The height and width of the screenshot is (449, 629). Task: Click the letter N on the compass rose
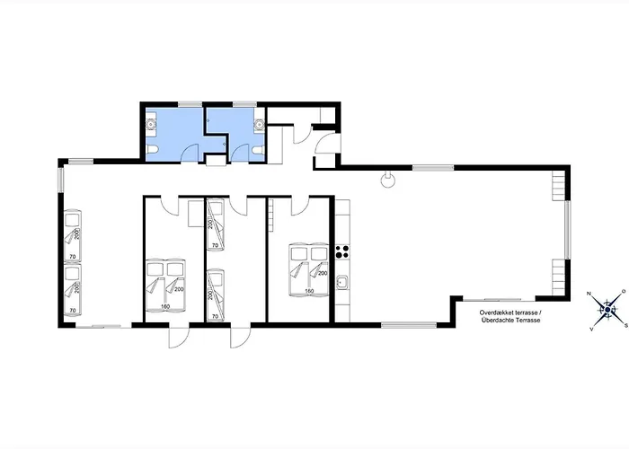[x=589, y=294]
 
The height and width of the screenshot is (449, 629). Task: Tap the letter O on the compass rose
[x=624, y=291]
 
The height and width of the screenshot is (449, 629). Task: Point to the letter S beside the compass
[x=625, y=325]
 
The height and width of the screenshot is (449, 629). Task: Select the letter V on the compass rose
[x=591, y=329]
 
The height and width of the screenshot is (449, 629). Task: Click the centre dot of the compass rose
[x=607, y=310]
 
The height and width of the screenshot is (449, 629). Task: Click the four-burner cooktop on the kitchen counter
[x=342, y=251]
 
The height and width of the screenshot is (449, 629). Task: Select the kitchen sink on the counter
[x=342, y=283]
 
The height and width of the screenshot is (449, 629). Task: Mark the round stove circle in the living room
[x=388, y=180]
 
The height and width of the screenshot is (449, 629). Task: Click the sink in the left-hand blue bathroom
[x=151, y=125]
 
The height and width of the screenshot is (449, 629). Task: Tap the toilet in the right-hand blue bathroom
[x=258, y=150]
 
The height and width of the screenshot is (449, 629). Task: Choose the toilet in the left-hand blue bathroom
[x=152, y=150]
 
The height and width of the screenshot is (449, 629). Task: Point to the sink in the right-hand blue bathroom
[x=259, y=125]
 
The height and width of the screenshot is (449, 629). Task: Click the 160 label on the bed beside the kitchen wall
[x=309, y=291]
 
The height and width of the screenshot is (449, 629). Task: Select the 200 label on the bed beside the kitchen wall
[x=323, y=273]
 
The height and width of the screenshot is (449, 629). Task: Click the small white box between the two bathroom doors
[x=217, y=161]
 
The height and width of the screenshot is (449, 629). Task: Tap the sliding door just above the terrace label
[x=499, y=300]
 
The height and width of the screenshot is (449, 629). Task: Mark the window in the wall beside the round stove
[x=433, y=168]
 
